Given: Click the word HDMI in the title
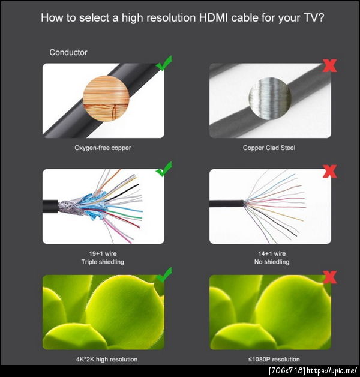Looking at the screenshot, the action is (x=213, y=18).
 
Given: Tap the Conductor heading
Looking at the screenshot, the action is (x=68, y=52).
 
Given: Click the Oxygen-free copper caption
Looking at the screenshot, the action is (x=103, y=148).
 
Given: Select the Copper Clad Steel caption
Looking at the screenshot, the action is (x=269, y=148).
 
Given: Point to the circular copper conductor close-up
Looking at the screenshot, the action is (x=106, y=98).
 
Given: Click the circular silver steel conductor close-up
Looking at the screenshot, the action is (x=270, y=98).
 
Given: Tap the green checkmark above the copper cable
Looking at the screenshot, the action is (x=164, y=64).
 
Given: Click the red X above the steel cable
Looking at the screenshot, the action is (x=329, y=65).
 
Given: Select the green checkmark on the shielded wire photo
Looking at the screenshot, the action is (x=164, y=169).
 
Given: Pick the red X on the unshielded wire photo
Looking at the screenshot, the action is (x=329, y=172).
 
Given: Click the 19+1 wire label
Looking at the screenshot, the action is (x=103, y=253).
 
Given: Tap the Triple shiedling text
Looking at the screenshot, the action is (x=103, y=262).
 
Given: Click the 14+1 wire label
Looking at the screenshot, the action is (x=272, y=253).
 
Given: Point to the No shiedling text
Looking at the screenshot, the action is (x=272, y=262).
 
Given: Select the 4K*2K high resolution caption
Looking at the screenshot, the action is (x=107, y=359).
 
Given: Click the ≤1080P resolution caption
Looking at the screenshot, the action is (x=274, y=359).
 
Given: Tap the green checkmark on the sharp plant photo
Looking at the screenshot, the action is (x=164, y=275).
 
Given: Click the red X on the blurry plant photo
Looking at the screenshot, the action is (x=329, y=277).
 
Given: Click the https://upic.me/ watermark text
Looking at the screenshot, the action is (x=332, y=370).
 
